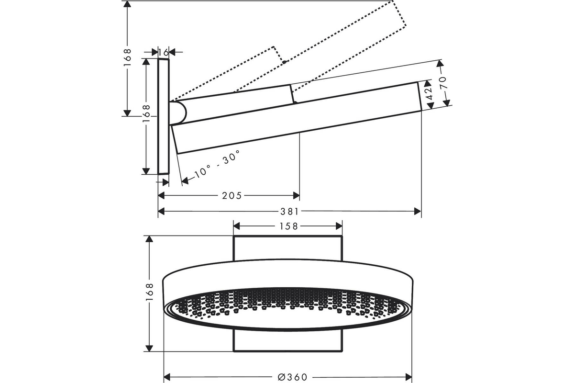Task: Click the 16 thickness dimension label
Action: (x=163, y=52)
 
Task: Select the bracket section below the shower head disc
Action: (x=287, y=341)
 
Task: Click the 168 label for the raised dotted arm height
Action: (x=127, y=57)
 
